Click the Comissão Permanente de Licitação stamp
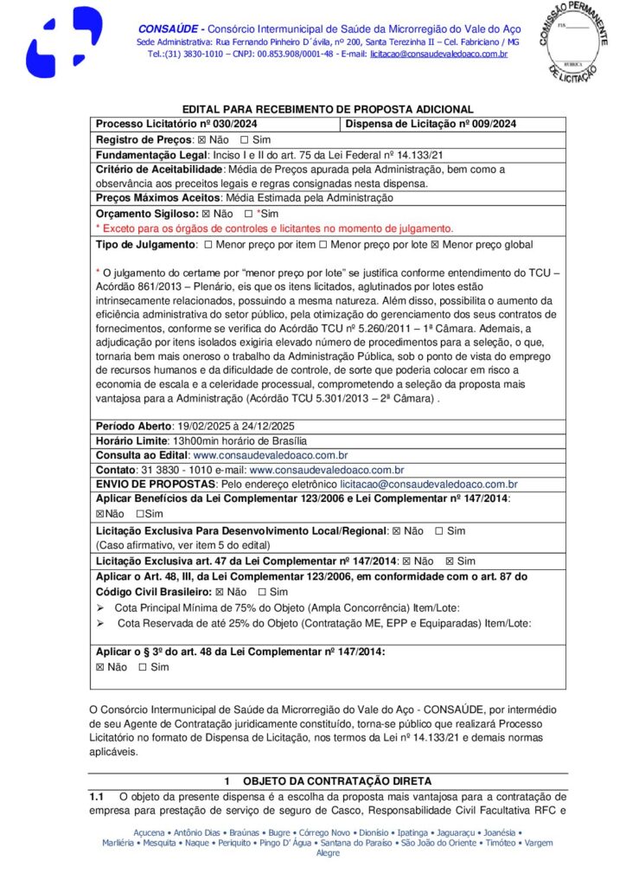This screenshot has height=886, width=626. (x=577, y=40)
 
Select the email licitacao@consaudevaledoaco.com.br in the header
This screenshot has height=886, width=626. (x=438, y=55)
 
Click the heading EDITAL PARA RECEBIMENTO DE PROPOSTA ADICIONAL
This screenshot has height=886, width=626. (x=328, y=109)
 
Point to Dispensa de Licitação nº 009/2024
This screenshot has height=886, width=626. (x=431, y=124)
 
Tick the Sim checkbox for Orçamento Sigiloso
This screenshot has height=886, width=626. (x=248, y=214)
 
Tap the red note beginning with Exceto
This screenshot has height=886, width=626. (x=274, y=228)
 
